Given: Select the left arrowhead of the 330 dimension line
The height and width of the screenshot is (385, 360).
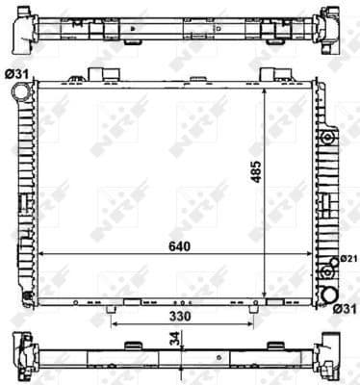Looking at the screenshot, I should point(114,324).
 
